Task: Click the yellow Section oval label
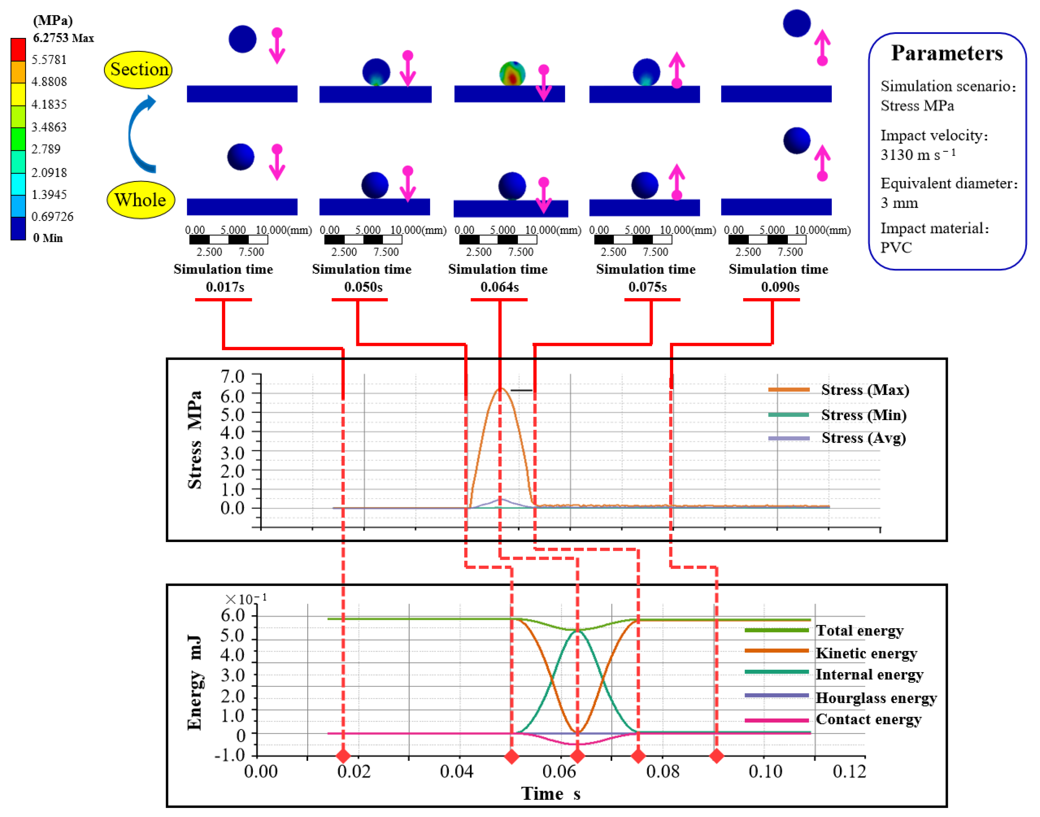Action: click(x=138, y=70)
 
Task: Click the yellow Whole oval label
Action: click(x=140, y=200)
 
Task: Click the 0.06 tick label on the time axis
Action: click(x=559, y=772)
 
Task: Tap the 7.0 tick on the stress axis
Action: click(x=232, y=377)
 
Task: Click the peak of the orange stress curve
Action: click(x=500, y=388)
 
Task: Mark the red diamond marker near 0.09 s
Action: click(x=716, y=756)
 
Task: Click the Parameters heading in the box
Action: click(x=947, y=53)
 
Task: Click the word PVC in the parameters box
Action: click(x=896, y=248)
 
